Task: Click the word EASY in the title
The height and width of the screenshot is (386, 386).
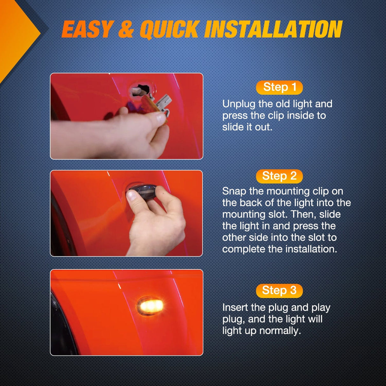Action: [87, 29]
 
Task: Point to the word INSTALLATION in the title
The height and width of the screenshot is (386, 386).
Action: [273, 29]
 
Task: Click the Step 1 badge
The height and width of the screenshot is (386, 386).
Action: [279, 87]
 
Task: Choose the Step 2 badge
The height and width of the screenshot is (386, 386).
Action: [279, 176]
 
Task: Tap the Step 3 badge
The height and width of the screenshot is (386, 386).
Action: [279, 291]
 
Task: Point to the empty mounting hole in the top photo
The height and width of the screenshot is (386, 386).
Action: [141, 90]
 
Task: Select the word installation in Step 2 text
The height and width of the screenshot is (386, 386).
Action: [311, 249]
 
